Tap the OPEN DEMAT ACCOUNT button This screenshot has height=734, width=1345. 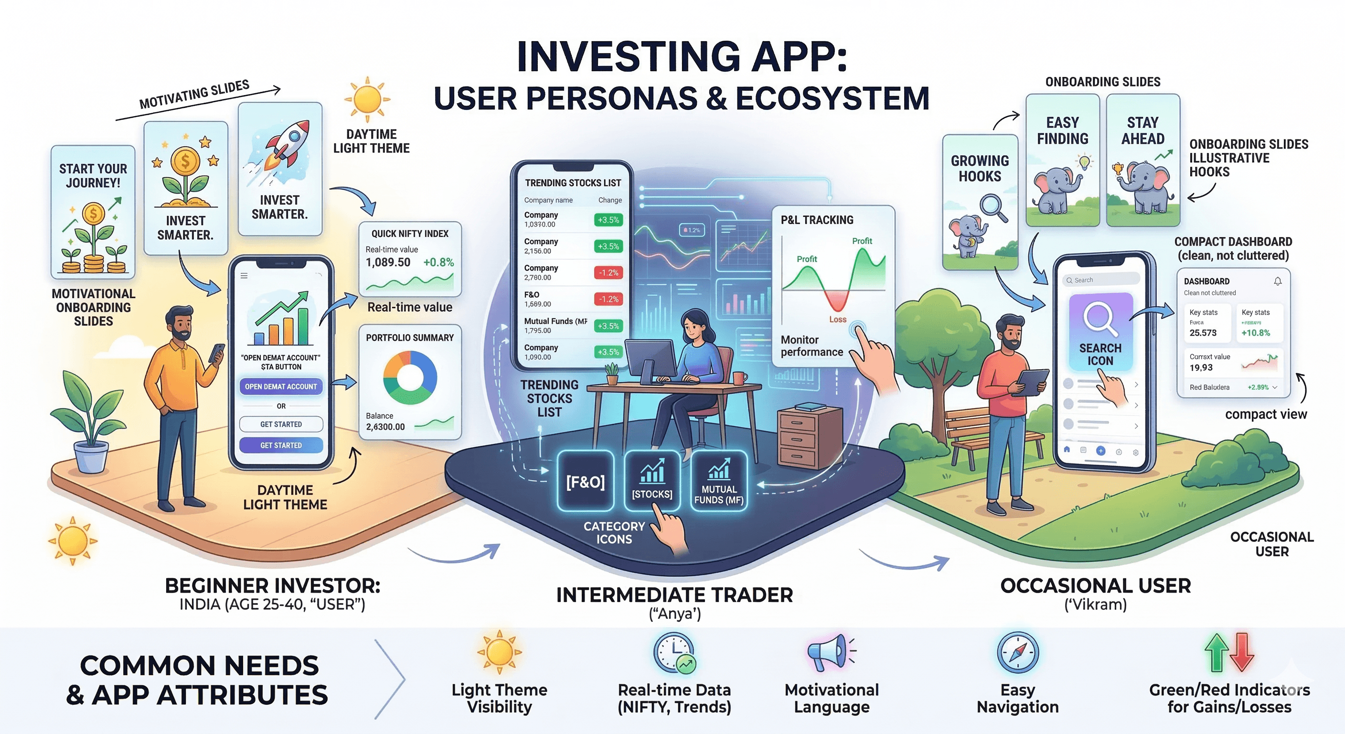[x=281, y=387]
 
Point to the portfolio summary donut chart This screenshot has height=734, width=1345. [x=410, y=377]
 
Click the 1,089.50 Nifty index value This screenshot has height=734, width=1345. [x=388, y=262]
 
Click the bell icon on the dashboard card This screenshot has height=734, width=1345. [x=1278, y=281]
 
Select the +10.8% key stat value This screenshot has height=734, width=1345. [x=1256, y=333]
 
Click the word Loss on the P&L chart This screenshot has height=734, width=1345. [x=837, y=319]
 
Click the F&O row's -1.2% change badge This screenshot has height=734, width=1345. [x=608, y=299]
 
